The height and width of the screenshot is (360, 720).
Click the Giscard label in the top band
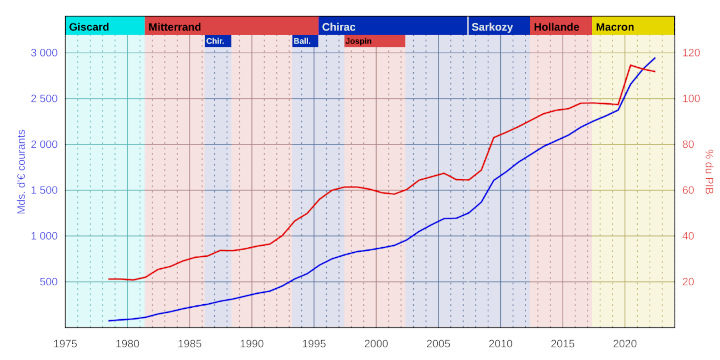pyautogui.click(x=89, y=26)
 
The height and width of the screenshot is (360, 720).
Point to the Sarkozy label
pyautogui.click(x=494, y=26)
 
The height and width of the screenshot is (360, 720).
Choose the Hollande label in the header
pyautogui.click(x=557, y=26)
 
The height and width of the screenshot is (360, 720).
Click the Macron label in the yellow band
pyautogui.click(x=615, y=26)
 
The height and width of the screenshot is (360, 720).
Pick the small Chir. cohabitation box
pyautogui.click(x=216, y=41)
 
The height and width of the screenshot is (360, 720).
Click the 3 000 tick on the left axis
pyautogui.click(x=42, y=53)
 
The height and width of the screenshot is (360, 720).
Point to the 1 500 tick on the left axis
pyautogui.click(x=42, y=190)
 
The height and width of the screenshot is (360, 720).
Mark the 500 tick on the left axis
pyautogui.click(x=46, y=282)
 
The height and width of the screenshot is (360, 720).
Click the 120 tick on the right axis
pyautogui.click(x=691, y=53)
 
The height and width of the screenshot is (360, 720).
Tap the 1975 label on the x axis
pyautogui.click(x=66, y=343)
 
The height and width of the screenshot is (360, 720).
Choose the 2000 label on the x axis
pyautogui.click(x=376, y=343)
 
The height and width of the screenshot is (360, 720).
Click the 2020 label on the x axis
pyautogui.click(x=625, y=343)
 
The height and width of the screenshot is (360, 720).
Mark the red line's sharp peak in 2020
pyautogui.click(x=630, y=66)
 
